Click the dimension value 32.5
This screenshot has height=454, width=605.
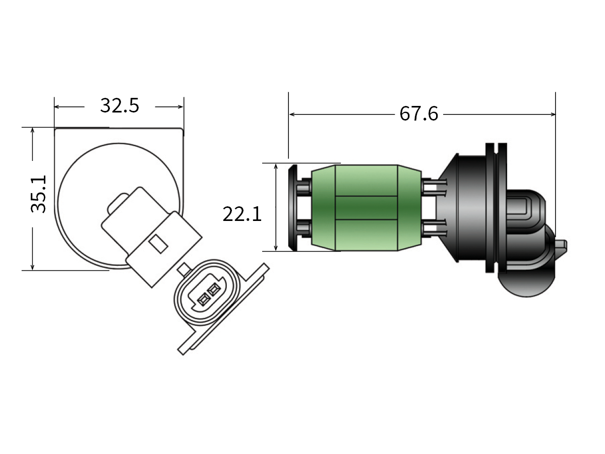click(119, 106)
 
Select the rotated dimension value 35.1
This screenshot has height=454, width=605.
click(39, 194)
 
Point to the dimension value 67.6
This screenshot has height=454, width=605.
click(418, 114)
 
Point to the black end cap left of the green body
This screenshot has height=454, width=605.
click(292, 207)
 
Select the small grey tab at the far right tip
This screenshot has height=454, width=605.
click(561, 246)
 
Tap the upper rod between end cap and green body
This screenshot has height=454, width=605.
click(304, 188)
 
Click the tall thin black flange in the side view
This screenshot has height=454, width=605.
click(489, 207)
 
